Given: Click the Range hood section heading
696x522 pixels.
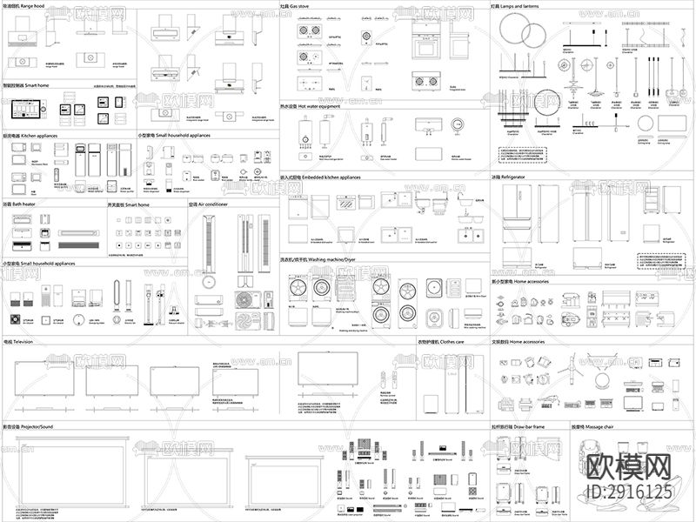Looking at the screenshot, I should click(x=27, y=6).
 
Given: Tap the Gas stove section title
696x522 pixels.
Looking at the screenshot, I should click(x=301, y=6).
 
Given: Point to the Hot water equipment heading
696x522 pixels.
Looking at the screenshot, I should click(x=315, y=108).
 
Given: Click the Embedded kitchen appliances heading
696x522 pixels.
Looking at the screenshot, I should click(x=325, y=177).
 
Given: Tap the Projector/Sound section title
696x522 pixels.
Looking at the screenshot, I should click(x=30, y=427).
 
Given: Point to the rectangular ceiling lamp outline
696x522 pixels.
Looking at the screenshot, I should click(x=670, y=124).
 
